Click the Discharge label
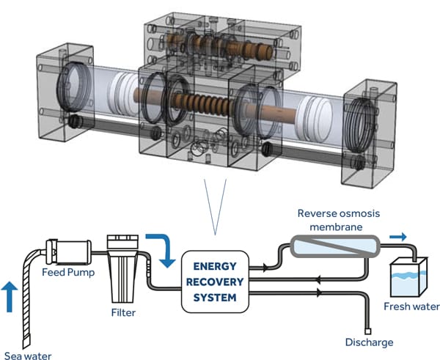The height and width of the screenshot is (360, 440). [369, 342]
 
